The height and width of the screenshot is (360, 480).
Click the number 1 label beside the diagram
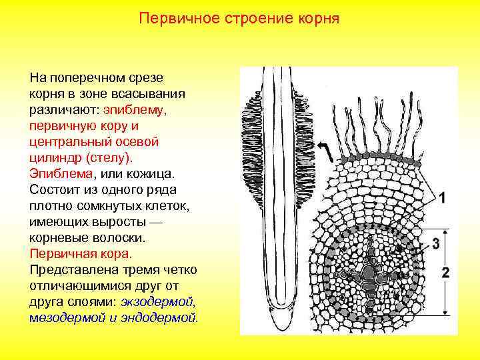click(x=443, y=197)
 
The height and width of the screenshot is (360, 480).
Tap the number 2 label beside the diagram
click(x=445, y=272)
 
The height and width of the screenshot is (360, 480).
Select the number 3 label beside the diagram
click(x=435, y=243)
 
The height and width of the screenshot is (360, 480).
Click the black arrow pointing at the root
click(x=327, y=151)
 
